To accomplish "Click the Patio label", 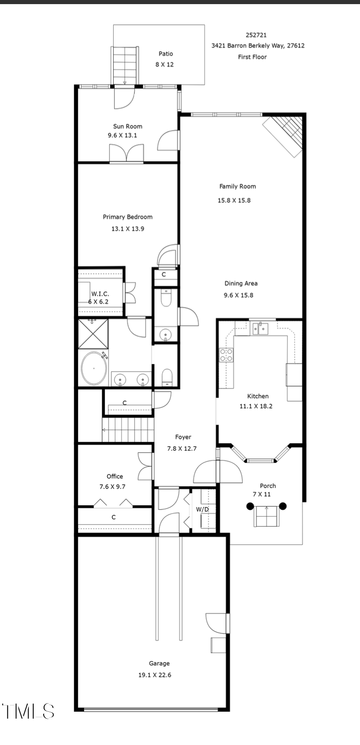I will pos(165,54).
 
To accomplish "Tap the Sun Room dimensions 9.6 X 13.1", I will pos(122,136).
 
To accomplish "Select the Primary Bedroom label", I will pos(127,217).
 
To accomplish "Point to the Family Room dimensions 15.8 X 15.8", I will pos(234,200).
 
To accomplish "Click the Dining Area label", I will pos(241,283).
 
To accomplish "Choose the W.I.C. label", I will pos(100,294).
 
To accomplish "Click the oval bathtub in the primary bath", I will pos(94,368).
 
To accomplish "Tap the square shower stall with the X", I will pos(93,334).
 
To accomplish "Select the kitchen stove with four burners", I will pos(226,355).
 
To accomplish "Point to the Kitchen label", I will pos(258,396).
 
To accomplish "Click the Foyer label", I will pos(183,437).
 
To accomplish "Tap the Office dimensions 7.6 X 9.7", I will pos(112,487).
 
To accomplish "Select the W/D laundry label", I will pos(202,509).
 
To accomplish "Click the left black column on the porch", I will pos(250,506).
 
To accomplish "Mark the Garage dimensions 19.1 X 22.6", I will pos(155,675).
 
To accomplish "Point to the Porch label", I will pos(268,486).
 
